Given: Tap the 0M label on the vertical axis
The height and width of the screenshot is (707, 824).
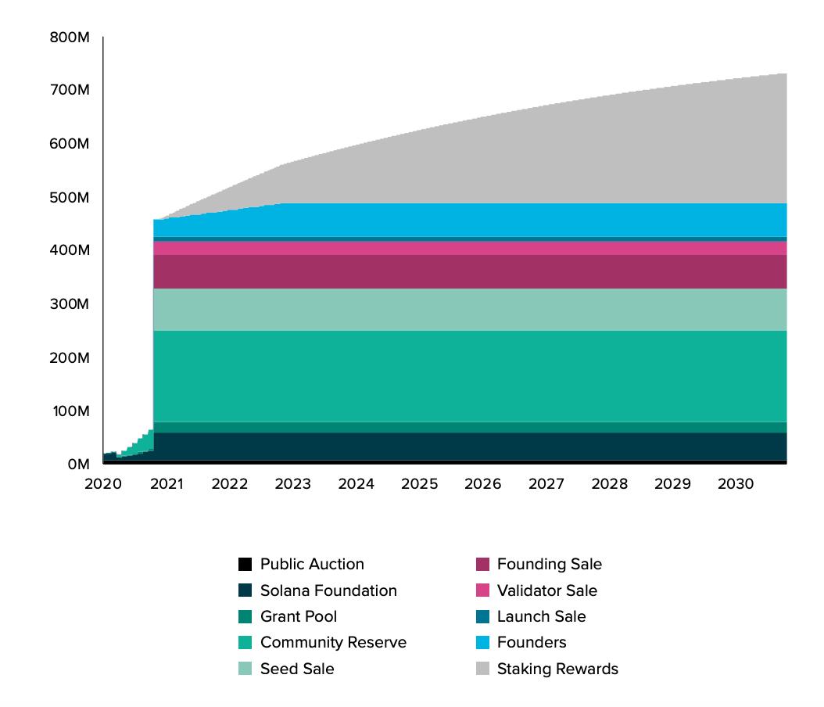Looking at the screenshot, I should pyautogui.click(x=77, y=464).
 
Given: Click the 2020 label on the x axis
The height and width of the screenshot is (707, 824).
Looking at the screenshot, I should pyautogui.click(x=102, y=484).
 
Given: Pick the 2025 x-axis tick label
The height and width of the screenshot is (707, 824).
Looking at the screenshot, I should pyautogui.click(x=419, y=484).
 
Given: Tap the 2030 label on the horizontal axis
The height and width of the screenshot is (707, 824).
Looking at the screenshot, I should pyautogui.click(x=735, y=484).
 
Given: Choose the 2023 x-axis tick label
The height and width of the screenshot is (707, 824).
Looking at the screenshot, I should pyautogui.click(x=292, y=484).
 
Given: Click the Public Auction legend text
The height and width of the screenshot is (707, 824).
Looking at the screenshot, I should pyautogui.click(x=312, y=564).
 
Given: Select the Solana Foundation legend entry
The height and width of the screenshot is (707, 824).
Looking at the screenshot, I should pyautogui.click(x=328, y=590).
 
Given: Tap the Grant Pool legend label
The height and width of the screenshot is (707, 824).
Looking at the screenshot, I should pyautogui.click(x=299, y=616).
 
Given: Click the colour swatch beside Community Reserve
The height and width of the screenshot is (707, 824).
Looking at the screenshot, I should pyautogui.click(x=245, y=643).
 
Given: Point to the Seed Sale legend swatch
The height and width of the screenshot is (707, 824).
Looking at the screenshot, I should pyautogui.click(x=245, y=669).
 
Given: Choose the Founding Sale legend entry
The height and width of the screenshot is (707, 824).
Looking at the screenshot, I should pyautogui.click(x=550, y=564).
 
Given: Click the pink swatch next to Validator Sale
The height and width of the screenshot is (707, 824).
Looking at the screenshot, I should pyautogui.click(x=482, y=590).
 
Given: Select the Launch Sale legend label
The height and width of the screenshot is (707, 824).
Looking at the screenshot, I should pyautogui.click(x=541, y=616).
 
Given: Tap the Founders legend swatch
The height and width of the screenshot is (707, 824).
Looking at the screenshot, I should pyautogui.click(x=482, y=643).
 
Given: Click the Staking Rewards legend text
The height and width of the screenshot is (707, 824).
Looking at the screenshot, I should pyautogui.click(x=557, y=669).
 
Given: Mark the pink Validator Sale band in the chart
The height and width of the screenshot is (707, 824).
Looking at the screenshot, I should pyautogui.click(x=469, y=248).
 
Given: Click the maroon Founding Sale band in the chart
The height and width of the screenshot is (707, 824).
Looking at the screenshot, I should pyautogui.click(x=469, y=271).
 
